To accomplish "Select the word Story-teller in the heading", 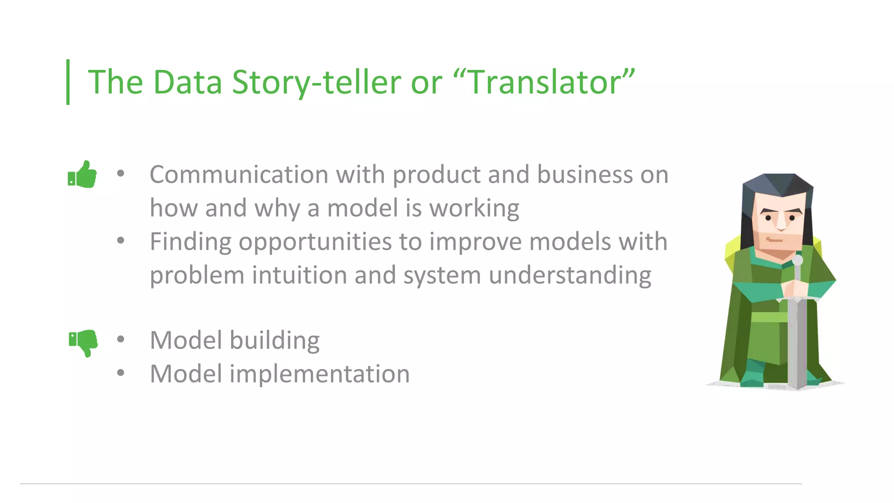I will (x=316, y=82).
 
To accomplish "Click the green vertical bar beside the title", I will (x=68, y=82).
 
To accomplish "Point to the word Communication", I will (x=238, y=175).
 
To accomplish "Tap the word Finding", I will (x=190, y=242).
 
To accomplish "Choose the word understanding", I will (x=570, y=276).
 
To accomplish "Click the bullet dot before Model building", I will (x=121, y=339).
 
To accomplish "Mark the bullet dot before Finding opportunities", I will (x=121, y=240).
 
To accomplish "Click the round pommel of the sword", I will (x=798, y=260).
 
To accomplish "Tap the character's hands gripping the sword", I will (x=792, y=288).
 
